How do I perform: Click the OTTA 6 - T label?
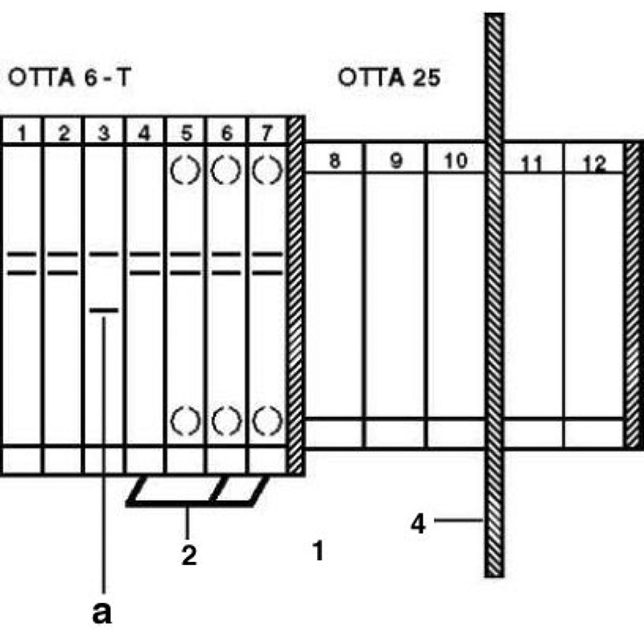pyautogui.click(x=69, y=77)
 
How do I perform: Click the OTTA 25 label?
pyautogui.click(x=389, y=77)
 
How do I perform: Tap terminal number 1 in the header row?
pyautogui.click(x=22, y=133)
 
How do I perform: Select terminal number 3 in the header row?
pyautogui.click(x=104, y=133)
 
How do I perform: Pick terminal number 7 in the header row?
pyautogui.click(x=267, y=133)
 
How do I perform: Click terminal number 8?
pyautogui.click(x=335, y=160)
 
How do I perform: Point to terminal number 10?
pyautogui.click(x=456, y=160)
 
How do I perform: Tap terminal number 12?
pyautogui.click(x=594, y=163)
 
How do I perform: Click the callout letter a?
pyautogui.click(x=102, y=613)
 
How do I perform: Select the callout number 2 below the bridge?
pyautogui.click(x=189, y=555)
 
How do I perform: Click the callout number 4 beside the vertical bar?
pyautogui.click(x=418, y=524)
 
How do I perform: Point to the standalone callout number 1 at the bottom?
pyautogui.click(x=319, y=551)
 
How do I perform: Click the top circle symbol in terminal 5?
pyautogui.click(x=185, y=170)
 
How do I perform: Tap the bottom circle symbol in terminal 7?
pyautogui.click(x=267, y=420)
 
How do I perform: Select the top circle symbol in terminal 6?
pyautogui.click(x=226, y=170)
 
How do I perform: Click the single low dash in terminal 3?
pyautogui.click(x=104, y=310)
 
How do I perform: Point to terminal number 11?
pyautogui.click(x=532, y=163)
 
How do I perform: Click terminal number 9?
pyautogui.click(x=396, y=160)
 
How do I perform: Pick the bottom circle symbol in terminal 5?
pyautogui.click(x=185, y=420)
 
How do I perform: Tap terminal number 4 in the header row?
pyautogui.click(x=144, y=133)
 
